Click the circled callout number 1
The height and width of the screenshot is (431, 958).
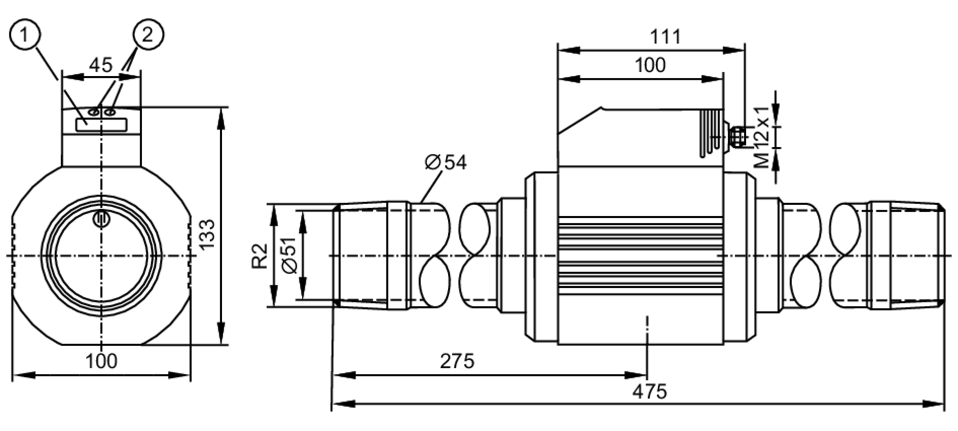24,35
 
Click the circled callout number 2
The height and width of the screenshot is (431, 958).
148,35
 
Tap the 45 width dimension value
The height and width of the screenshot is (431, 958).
101,65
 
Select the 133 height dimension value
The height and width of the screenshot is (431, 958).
207,234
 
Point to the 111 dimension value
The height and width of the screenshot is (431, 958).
665,37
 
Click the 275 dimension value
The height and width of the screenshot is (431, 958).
457,361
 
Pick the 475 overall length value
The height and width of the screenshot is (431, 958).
650,392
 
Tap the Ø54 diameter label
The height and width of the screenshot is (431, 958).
445,163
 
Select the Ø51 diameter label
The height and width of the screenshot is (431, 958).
290,256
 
